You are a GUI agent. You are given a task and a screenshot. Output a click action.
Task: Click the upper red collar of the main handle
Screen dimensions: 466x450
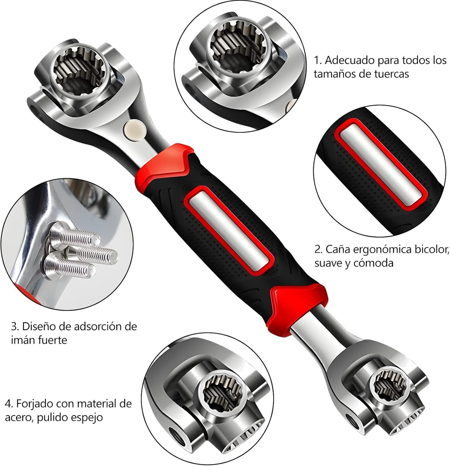point(165,164)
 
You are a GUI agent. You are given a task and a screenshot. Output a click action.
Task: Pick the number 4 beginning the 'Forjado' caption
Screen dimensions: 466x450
point(8,404)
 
